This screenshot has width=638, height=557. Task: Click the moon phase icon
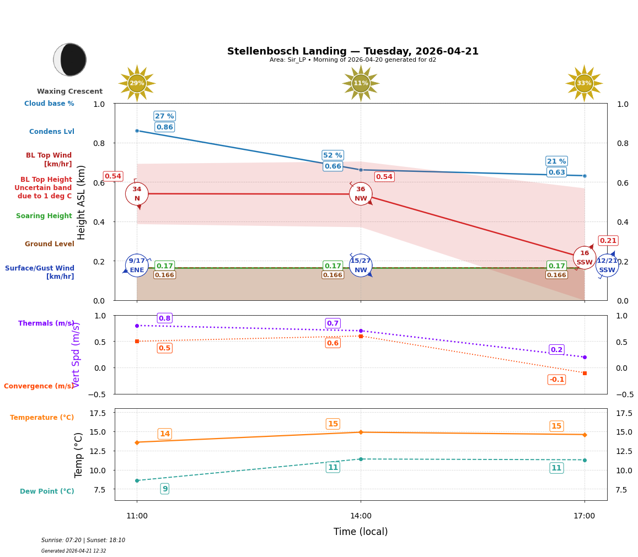click(x=70, y=60)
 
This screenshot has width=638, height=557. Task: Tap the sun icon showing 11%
click(x=361, y=83)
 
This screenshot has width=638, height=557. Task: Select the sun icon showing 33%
click(x=584, y=83)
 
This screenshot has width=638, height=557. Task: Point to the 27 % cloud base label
click(x=164, y=116)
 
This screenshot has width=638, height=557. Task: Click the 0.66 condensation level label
click(x=333, y=166)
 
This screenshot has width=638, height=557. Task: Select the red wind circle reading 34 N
click(x=137, y=194)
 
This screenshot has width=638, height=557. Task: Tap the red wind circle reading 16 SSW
click(x=585, y=257)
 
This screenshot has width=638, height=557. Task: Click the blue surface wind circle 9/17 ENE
click(x=137, y=266)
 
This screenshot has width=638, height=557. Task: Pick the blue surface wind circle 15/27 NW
click(x=361, y=266)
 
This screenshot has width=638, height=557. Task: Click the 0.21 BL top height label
click(x=608, y=241)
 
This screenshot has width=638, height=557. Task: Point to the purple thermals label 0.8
click(x=164, y=318)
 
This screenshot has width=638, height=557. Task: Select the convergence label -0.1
click(x=556, y=380)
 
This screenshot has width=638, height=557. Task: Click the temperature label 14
click(x=164, y=434)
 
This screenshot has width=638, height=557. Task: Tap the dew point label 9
click(x=164, y=489)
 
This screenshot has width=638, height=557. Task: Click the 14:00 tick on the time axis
click(x=361, y=516)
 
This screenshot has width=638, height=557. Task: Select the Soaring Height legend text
click(x=44, y=216)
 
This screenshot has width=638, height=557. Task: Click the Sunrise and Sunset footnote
click(x=83, y=540)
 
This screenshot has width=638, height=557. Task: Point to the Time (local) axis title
click(x=361, y=532)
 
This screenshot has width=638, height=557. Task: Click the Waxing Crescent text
click(x=70, y=91)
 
